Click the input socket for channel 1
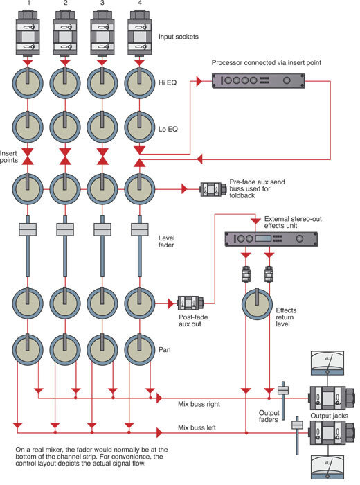point(28,33)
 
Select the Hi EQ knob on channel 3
point(102,83)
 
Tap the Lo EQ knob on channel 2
point(65,127)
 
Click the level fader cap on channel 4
point(140,229)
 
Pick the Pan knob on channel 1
point(28,349)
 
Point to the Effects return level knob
point(257,304)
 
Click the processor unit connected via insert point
point(258,81)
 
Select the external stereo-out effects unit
point(271,239)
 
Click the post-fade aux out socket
point(190,303)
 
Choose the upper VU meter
point(327,363)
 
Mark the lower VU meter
point(327,468)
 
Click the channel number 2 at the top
point(65,3)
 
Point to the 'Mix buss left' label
point(197,427)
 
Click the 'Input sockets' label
point(179,37)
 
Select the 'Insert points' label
point(9,157)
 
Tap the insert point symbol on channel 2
point(65,157)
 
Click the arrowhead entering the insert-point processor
point(199,81)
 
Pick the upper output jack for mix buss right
point(330,398)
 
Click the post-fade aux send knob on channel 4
point(140,303)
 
